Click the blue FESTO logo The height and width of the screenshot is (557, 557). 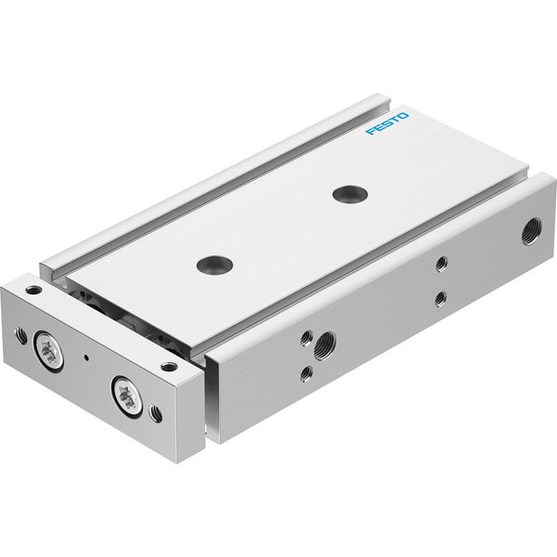tap(387, 123)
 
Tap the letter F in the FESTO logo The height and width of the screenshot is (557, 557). tap(371, 132)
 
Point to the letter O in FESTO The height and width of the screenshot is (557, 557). tap(403, 115)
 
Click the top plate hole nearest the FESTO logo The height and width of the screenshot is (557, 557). tap(350, 194)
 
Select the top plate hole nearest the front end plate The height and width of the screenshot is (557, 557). tap(215, 264)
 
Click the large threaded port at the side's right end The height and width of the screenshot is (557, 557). tap(532, 231)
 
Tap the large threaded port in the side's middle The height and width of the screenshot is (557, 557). tap(325, 344)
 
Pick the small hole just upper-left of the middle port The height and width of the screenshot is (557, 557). tap(307, 338)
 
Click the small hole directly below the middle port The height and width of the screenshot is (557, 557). tap(306, 374)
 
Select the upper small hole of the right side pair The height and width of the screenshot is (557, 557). tap(441, 264)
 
